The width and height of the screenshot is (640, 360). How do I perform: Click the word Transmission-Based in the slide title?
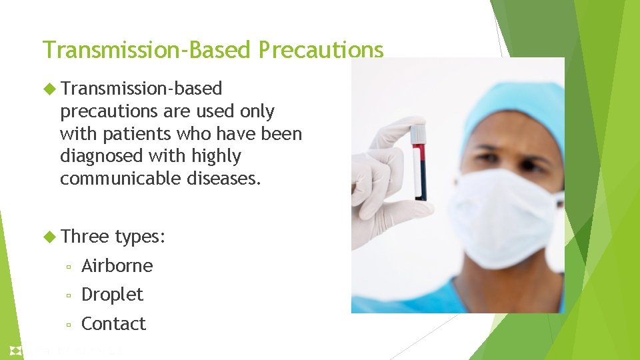(x=147, y=50)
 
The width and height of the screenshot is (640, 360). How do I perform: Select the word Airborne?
(x=117, y=266)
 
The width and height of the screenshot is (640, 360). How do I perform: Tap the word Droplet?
(x=112, y=295)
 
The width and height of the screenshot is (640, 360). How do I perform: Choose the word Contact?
(x=113, y=324)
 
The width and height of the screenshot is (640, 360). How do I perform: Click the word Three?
(x=84, y=236)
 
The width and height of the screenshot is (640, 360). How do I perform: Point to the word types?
(x=140, y=237)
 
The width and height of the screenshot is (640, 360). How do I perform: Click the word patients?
(x=137, y=134)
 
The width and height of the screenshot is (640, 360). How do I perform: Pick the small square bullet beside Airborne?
(x=69, y=267)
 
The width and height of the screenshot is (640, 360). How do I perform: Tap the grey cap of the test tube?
(x=418, y=133)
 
